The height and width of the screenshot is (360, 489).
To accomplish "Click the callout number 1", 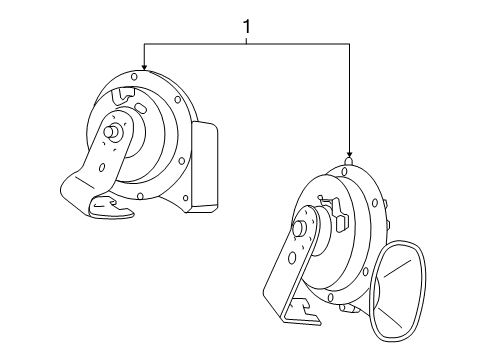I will tap(246, 29).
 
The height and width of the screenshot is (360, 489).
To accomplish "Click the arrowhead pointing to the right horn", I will tap(349, 149).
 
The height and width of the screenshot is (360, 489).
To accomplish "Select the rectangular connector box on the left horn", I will tap(204, 168).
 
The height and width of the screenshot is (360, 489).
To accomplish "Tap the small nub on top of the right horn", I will tap(349, 159).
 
